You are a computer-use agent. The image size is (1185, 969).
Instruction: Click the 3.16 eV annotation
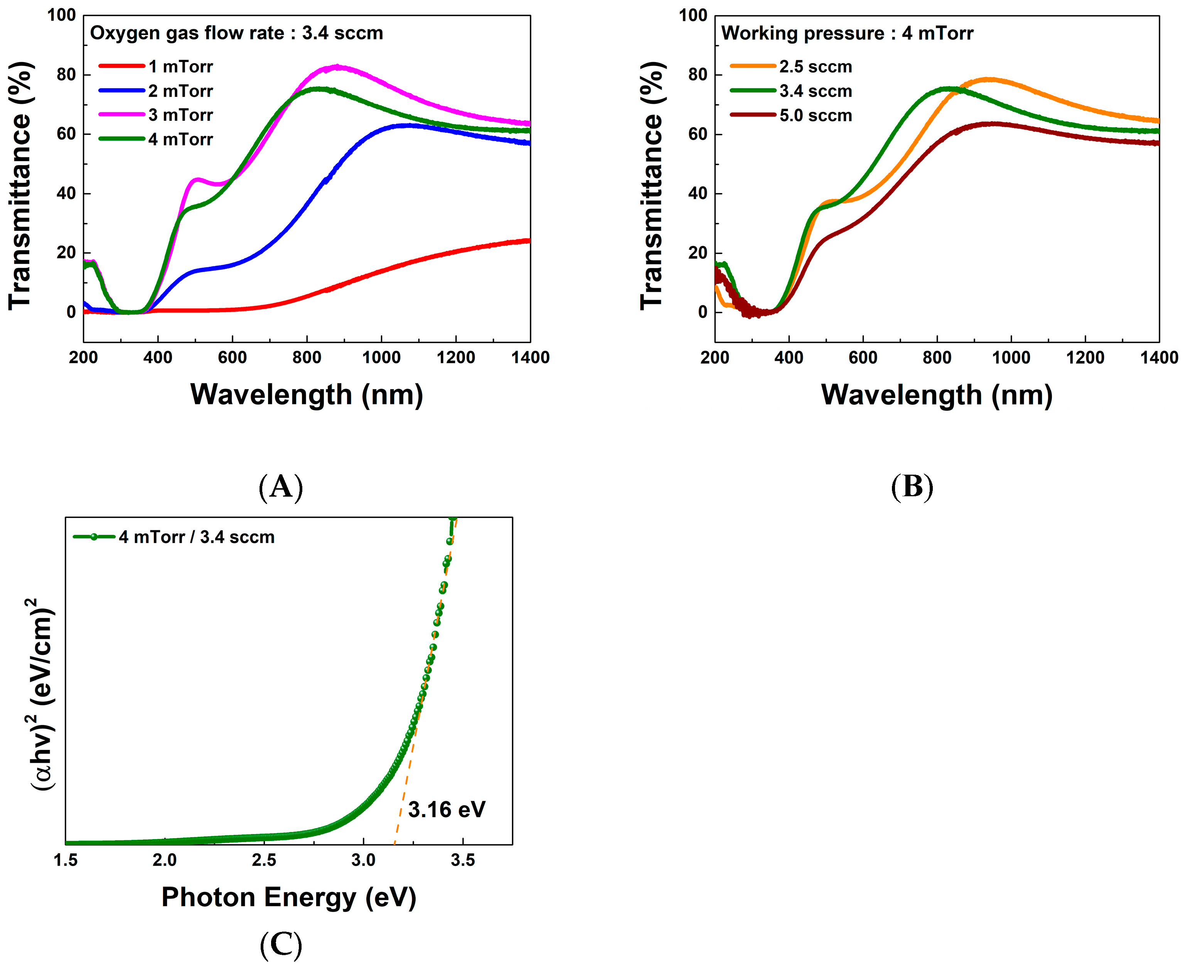coord(447,809)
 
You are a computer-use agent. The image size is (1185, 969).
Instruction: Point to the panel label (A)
coord(281,486)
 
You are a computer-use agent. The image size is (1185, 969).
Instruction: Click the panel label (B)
coord(912,486)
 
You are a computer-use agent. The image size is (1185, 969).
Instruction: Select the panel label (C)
coord(281,944)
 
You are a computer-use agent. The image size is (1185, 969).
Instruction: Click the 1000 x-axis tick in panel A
coord(381,357)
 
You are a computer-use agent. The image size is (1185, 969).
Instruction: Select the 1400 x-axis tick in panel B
coord(1159,357)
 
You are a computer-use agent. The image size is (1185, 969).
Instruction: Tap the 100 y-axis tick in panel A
coord(61,15)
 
